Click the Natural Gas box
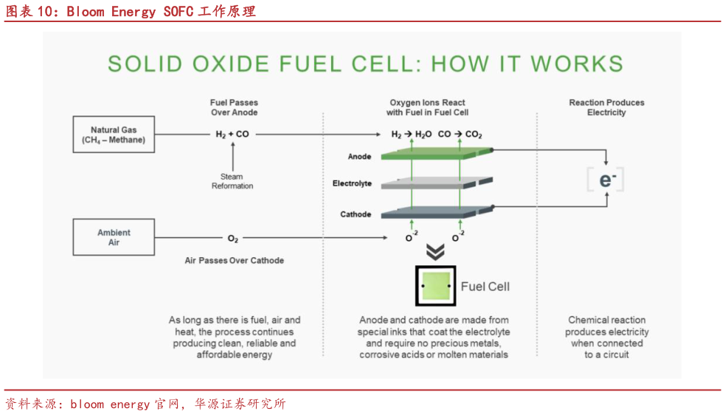tap(114, 135)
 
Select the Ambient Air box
tap(114, 237)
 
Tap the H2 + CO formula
tap(232, 135)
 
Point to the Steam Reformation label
tap(232, 181)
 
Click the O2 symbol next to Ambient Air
tap(232, 239)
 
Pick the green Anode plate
tap(437, 153)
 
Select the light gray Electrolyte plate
tap(437, 183)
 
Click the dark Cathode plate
tap(437, 211)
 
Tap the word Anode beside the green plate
tap(359, 157)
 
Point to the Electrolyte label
tap(352, 183)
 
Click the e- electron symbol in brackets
tap(606, 180)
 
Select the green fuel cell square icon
tap(436, 286)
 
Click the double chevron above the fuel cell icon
tap(435, 252)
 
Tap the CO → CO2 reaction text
tap(459, 135)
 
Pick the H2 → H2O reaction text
tap(411, 135)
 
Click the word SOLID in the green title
tap(142, 64)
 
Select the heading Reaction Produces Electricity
tap(606, 108)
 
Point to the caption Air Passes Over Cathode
tap(234, 261)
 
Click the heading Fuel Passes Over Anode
tap(234, 108)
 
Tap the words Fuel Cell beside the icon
tap(485, 287)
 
